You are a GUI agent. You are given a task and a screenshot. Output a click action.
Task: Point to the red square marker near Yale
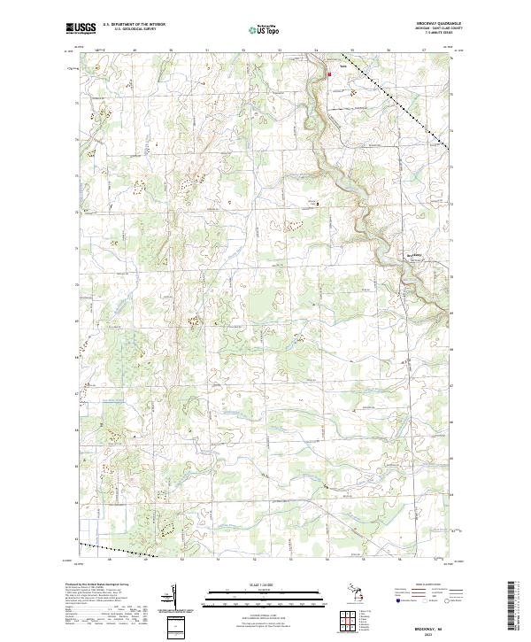pos(329,74)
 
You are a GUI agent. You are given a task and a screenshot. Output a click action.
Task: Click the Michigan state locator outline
pos(358,593)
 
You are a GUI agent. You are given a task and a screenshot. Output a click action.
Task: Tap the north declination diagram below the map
pos(171,598)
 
